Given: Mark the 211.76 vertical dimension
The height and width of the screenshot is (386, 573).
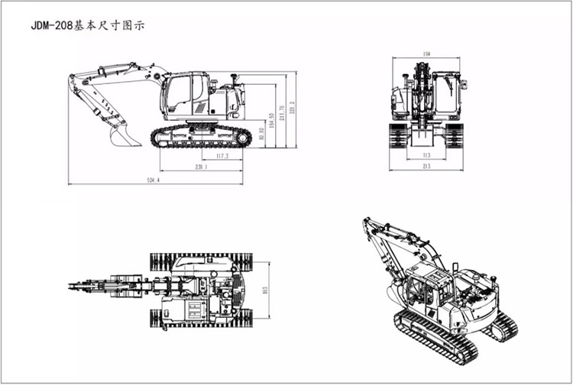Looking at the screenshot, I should [x=283, y=112].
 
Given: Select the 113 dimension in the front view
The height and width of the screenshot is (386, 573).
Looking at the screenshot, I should [x=426, y=155].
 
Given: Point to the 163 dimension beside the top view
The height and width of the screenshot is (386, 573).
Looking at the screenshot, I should [x=267, y=290].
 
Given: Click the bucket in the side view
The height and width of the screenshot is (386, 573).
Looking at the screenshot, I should [x=125, y=137].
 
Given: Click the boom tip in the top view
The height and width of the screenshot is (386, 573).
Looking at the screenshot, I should [x=74, y=287].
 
